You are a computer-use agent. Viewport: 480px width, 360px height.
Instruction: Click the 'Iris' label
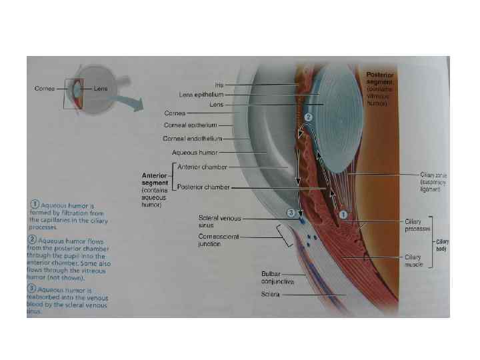pos(219,85)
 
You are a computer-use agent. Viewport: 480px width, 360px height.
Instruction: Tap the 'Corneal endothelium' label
pos(193,139)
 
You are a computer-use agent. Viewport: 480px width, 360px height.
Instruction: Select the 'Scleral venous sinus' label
pos(220,221)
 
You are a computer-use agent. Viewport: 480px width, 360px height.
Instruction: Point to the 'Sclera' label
pos(270,294)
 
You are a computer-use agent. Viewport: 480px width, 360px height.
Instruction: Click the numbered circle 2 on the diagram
pos(309,117)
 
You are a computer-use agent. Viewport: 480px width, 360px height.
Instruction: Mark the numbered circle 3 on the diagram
pos(290,213)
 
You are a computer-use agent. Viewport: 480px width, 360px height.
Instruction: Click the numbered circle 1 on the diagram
pos(344,215)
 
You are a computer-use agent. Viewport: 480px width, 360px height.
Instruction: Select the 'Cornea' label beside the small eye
pos(45,88)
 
